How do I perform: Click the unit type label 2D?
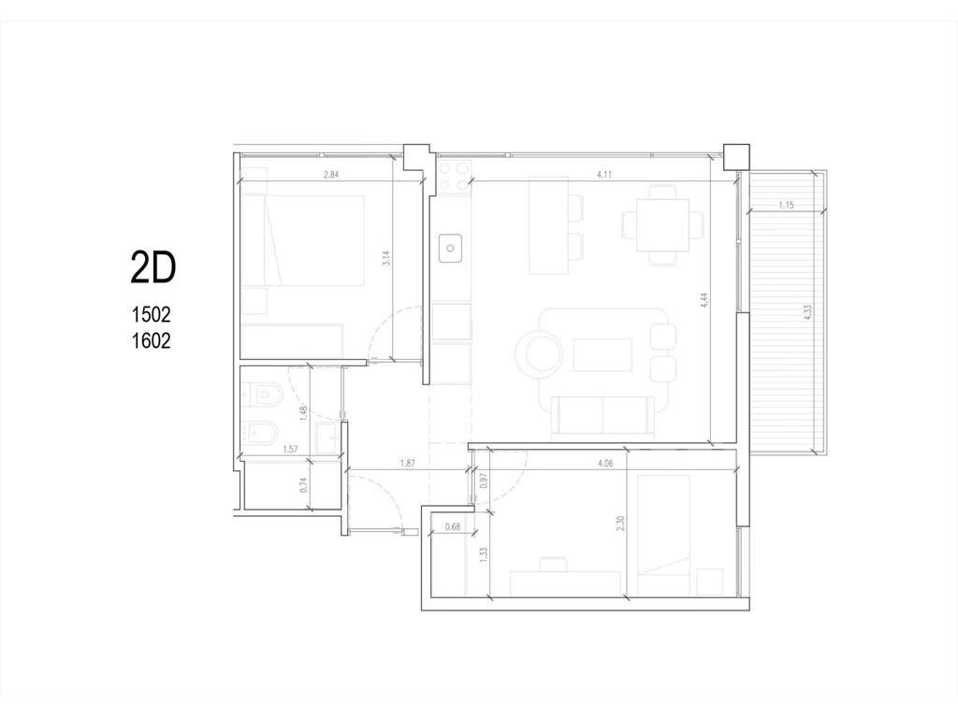[153, 268]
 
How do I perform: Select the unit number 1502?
[152, 315]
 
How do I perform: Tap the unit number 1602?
[152, 340]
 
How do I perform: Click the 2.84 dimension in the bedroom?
[330, 175]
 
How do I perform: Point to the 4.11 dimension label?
[603, 175]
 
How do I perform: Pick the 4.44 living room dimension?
[704, 300]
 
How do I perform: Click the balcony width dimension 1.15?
[786, 205]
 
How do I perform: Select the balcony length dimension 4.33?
[807, 312]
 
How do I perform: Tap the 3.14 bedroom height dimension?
[385, 258]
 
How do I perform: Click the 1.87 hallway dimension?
[408, 464]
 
